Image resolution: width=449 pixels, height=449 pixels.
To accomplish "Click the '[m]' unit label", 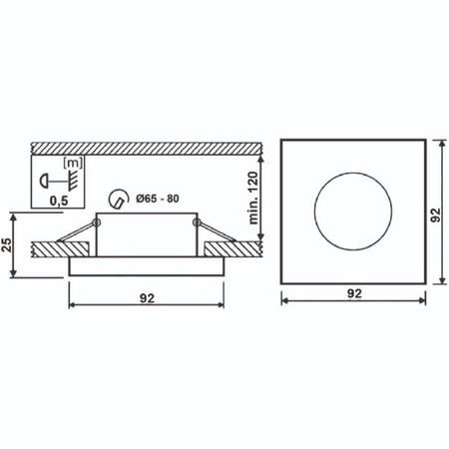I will pyautogui.click(x=72, y=163).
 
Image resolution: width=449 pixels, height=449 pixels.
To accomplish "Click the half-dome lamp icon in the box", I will pyautogui.click(x=46, y=181).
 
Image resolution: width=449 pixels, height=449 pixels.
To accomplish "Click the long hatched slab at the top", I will pyautogui.click(x=150, y=145).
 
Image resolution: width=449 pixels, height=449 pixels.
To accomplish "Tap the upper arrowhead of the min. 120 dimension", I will pyautogui.click(x=260, y=155).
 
